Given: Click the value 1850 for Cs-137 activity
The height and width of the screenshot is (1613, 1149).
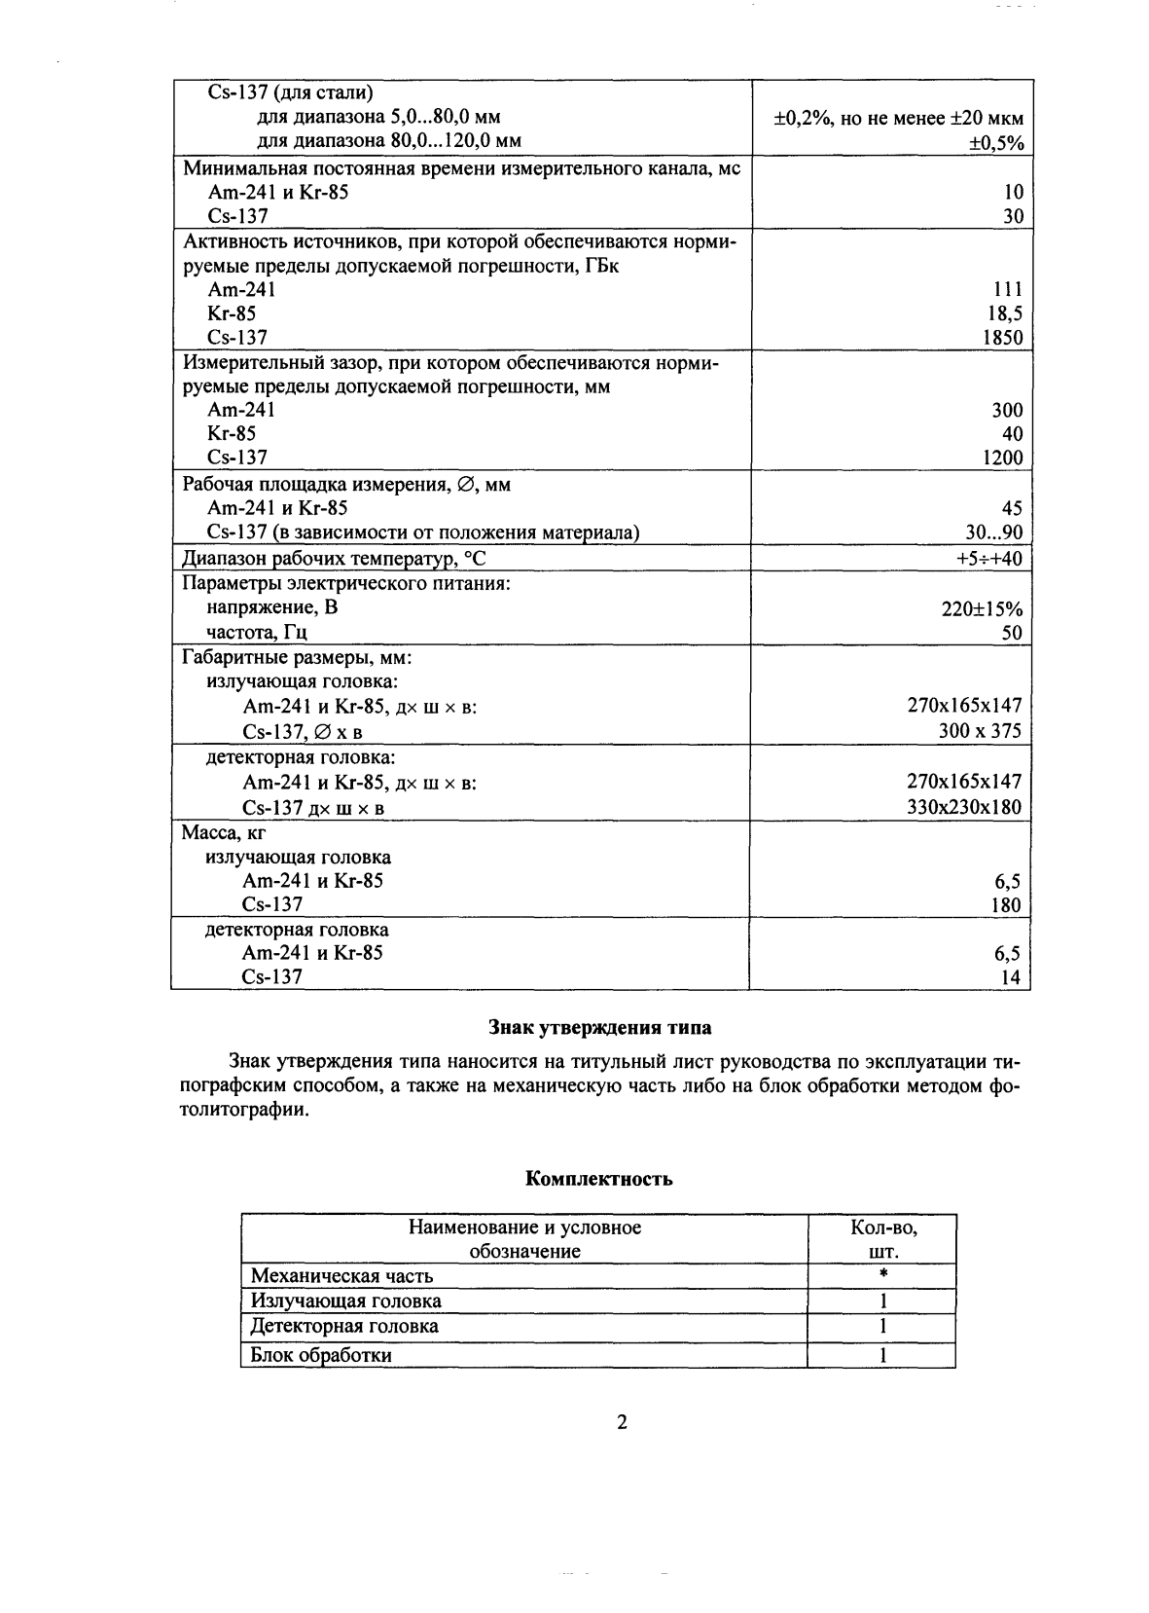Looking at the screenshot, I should (x=1002, y=338).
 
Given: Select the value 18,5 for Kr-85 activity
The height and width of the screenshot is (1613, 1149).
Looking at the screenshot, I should (x=1004, y=313).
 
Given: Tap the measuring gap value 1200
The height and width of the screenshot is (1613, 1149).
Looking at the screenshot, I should (x=1002, y=458).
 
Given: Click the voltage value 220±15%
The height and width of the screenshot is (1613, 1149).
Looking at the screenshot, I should (x=983, y=609).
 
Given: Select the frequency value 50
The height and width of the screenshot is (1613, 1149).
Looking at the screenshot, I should (x=1012, y=634).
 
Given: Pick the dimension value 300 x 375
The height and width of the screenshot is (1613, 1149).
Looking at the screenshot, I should (x=980, y=731).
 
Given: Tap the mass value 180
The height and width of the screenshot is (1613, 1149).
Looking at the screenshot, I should (x=1006, y=905).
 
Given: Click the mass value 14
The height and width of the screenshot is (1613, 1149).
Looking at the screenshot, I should (x=1011, y=978).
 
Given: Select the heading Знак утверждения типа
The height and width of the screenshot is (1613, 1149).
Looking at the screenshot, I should (x=598, y=1028).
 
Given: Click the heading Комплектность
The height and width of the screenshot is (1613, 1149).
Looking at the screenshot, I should (x=599, y=1180).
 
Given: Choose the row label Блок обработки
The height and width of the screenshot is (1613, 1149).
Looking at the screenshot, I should (x=321, y=1355).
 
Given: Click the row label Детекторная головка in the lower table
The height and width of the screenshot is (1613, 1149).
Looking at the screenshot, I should (x=344, y=1326).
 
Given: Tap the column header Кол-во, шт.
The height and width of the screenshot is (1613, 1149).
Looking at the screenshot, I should (x=882, y=1239).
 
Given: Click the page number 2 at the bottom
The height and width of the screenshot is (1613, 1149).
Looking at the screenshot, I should (x=622, y=1423).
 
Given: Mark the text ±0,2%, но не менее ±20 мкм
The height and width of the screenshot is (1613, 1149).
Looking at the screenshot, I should (x=898, y=119).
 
